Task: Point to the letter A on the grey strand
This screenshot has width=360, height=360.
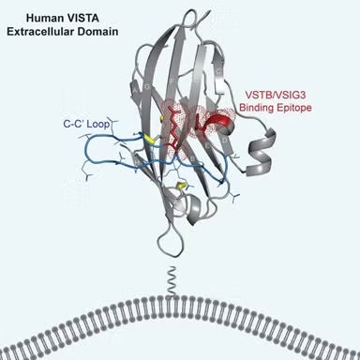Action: click(x=223, y=56)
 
